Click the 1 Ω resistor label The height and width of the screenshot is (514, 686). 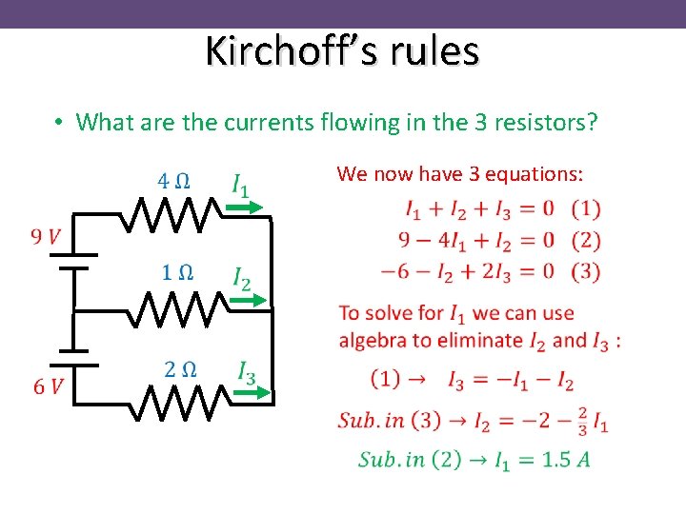(176, 273)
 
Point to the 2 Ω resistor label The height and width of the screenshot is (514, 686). (180, 369)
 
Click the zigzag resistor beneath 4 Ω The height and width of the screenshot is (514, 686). (171, 215)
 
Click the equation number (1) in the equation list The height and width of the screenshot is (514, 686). (587, 208)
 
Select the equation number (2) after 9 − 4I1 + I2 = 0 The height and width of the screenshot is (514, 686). (587, 240)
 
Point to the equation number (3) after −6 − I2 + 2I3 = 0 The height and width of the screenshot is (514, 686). (587, 271)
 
